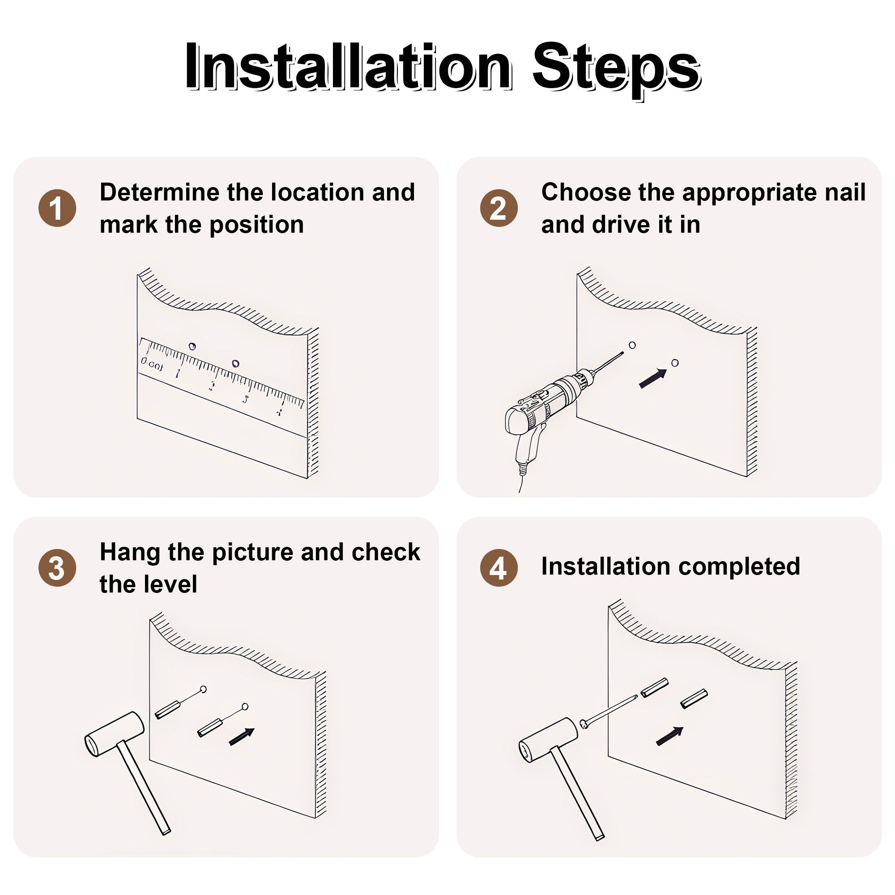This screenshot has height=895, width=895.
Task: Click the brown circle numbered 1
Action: pos(57,208)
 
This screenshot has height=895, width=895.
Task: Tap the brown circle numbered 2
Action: pos(499,208)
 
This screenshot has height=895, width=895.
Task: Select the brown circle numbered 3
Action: pos(57,568)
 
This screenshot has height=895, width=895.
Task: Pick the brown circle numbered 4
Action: pos(499,568)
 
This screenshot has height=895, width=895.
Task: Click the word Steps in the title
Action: pos(616,69)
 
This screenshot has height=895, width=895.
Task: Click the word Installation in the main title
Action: pos(348,66)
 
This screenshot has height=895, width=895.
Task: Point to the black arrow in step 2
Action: pos(653,378)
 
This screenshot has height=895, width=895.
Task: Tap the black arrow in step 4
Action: pos(670,736)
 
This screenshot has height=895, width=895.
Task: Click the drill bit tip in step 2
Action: pos(623,353)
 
